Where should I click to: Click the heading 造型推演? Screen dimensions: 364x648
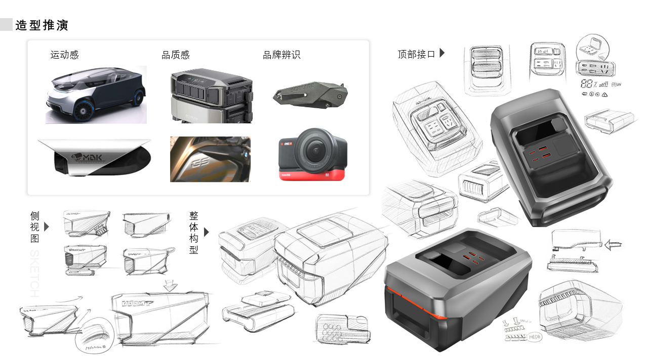(x=42, y=25)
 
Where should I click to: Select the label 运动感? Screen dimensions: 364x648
(x=64, y=55)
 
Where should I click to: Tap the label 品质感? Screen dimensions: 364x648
(x=176, y=55)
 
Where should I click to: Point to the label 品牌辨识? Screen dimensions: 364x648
(x=281, y=55)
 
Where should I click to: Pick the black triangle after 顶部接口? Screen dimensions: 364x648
(x=442, y=53)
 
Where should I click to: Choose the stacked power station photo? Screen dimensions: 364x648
(x=212, y=96)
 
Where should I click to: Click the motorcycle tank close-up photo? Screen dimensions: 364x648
(x=210, y=159)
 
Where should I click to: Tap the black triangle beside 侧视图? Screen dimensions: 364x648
(x=47, y=226)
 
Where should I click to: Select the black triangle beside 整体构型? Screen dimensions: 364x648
(x=206, y=232)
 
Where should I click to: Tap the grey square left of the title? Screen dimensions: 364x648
(x=6, y=25)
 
